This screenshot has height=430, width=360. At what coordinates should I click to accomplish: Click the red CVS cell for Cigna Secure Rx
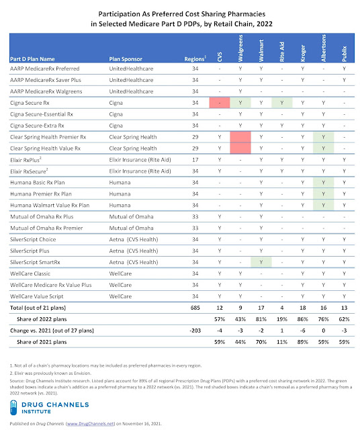tap(219, 103)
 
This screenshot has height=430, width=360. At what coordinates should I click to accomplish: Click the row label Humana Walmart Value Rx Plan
tap(52, 206)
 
